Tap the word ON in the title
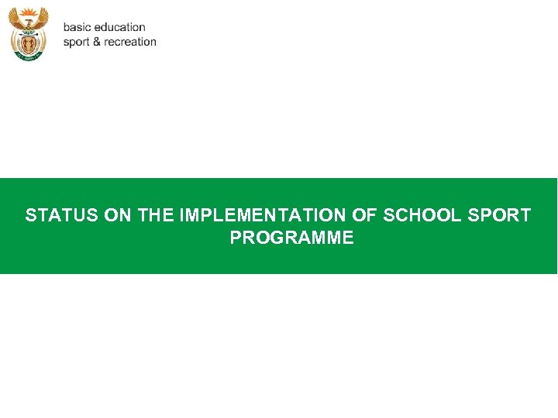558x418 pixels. pyautogui.click(x=118, y=215)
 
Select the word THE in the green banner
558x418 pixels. pyautogui.click(x=156, y=215)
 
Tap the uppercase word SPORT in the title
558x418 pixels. pyautogui.click(x=500, y=215)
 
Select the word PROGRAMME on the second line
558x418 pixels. pyautogui.click(x=291, y=238)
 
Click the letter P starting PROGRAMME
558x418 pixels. pyautogui.click(x=236, y=238)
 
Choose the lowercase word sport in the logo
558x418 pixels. pyautogui.click(x=77, y=42)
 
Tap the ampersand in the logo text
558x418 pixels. pyautogui.click(x=98, y=42)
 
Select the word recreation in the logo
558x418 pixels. pyautogui.click(x=130, y=42)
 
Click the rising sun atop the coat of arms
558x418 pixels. pyautogui.click(x=28, y=13)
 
